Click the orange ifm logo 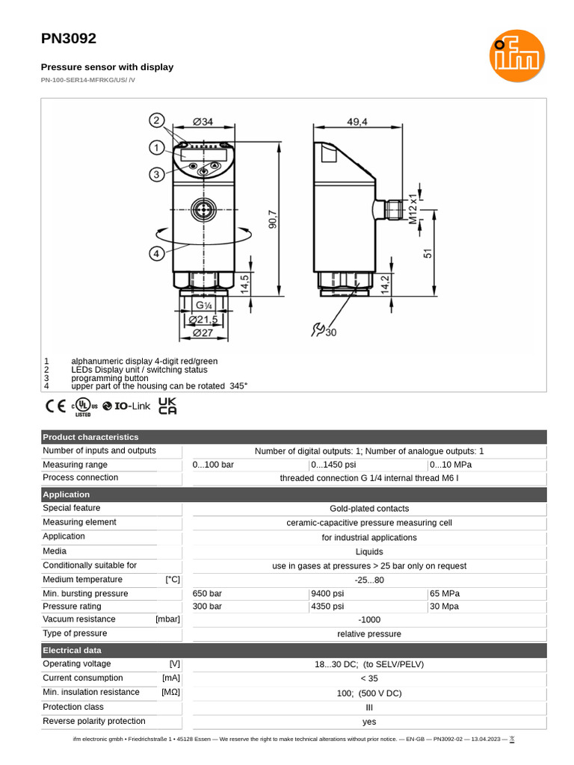pyautogui.click(x=516, y=57)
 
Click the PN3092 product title pyautogui.click(x=69, y=39)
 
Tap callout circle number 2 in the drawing pyautogui.click(x=156, y=120)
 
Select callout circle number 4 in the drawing pyautogui.click(x=156, y=253)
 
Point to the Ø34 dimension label pyautogui.click(x=203, y=122)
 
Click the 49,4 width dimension pyautogui.click(x=357, y=122)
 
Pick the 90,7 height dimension pyautogui.click(x=273, y=219)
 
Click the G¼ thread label pyautogui.click(x=203, y=306)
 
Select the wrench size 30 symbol pyautogui.click(x=323, y=330)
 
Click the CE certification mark pyautogui.click(x=55, y=406)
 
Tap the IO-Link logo pyautogui.click(x=126, y=406)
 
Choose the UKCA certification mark pyautogui.click(x=168, y=406)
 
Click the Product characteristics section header pyautogui.click(x=90, y=437)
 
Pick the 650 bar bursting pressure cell pyautogui.click(x=208, y=594)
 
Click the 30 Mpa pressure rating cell pyautogui.click(x=445, y=607)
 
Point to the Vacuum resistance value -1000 pyautogui.click(x=369, y=620)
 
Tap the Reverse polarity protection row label pyautogui.click(x=94, y=721)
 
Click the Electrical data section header pyautogui.click(x=72, y=651)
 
